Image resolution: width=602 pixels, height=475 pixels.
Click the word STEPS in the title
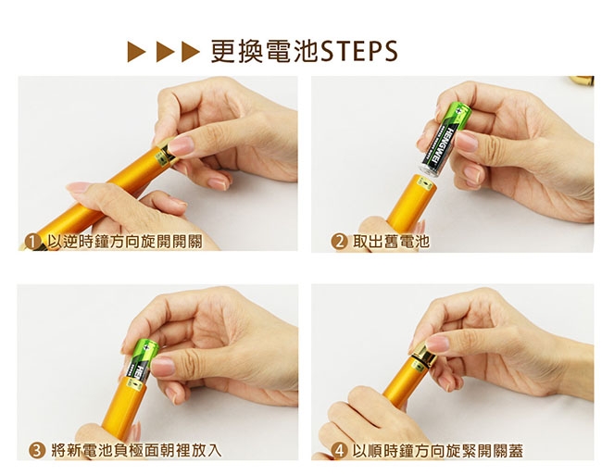[x=359, y=52]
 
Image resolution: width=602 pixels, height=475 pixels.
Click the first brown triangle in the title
[x=136, y=52]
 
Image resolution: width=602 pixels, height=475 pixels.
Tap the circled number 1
[x=32, y=242]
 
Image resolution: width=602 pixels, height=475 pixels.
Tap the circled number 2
[x=339, y=242]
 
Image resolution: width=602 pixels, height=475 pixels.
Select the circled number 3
[x=37, y=450]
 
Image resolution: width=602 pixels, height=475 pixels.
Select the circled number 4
[x=339, y=450]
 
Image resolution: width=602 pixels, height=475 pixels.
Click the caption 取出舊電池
[x=391, y=242]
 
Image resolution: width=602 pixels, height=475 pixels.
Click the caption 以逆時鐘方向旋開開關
[x=125, y=242]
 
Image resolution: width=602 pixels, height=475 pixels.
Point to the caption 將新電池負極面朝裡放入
[x=137, y=450]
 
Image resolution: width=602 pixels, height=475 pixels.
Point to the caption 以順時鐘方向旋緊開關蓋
[x=438, y=450]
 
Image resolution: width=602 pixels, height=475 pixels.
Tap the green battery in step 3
[x=142, y=361]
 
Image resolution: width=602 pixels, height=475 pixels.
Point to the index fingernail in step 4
[x=437, y=343]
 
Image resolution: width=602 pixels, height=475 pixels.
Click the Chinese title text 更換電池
[x=265, y=52]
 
